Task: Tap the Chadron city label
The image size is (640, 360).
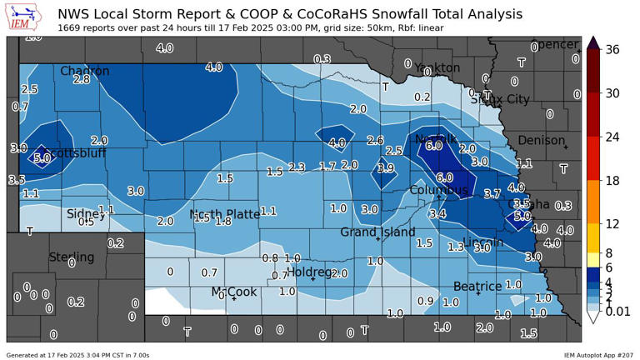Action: pyautogui.click(x=84, y=72)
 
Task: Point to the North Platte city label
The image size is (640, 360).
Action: pyautogui.click(x=225, y=214)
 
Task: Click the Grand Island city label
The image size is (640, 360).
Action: pyautogui.click(x=377, y=232)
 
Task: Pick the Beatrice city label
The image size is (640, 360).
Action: pyautogui.click(x=477, y=286)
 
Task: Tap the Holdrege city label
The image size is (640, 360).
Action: pyautogui.click(x=310, y=272)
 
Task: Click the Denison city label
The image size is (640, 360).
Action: pyautogui.click(x=542, y=140)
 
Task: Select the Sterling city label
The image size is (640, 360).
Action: pyautogui.click(x=72, y=257)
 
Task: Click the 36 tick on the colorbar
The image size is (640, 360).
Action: pyautogui.click(x=612, y=50)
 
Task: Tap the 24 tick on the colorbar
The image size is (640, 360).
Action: pyautogui.click(x=612, y=137)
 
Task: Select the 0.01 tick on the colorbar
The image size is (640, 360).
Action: pyautogui.click(x=618, y=310)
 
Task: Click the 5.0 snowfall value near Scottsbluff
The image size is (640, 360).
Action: pyautogui.click(x=42, y=157)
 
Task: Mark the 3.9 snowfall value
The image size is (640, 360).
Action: pyautogui.click(x=385, y=168)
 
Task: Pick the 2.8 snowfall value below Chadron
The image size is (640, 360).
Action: pyautogui.click(x=81, y=80)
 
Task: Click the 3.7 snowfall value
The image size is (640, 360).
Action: pyautogui.click(x=492, y=193)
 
